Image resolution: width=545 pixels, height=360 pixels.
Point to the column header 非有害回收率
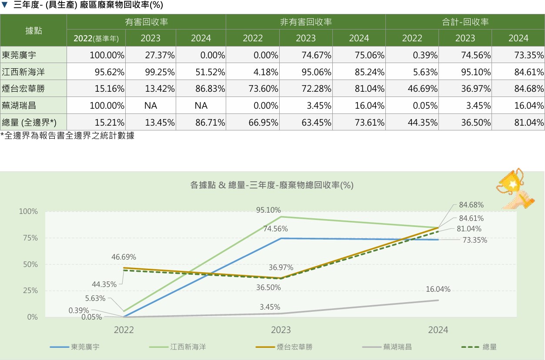point(305,22)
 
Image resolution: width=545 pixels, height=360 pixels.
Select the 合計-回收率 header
point(465,22)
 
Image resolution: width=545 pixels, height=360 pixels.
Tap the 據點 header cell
point(33,30)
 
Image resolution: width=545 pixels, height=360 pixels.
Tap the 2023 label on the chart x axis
point(281,330)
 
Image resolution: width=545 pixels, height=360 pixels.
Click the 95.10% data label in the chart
point(268,210)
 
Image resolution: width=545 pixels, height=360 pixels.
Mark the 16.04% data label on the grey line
point(438,290)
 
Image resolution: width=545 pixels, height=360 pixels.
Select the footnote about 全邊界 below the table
point(67,136)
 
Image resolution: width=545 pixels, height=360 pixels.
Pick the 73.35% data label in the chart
point(475,240)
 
